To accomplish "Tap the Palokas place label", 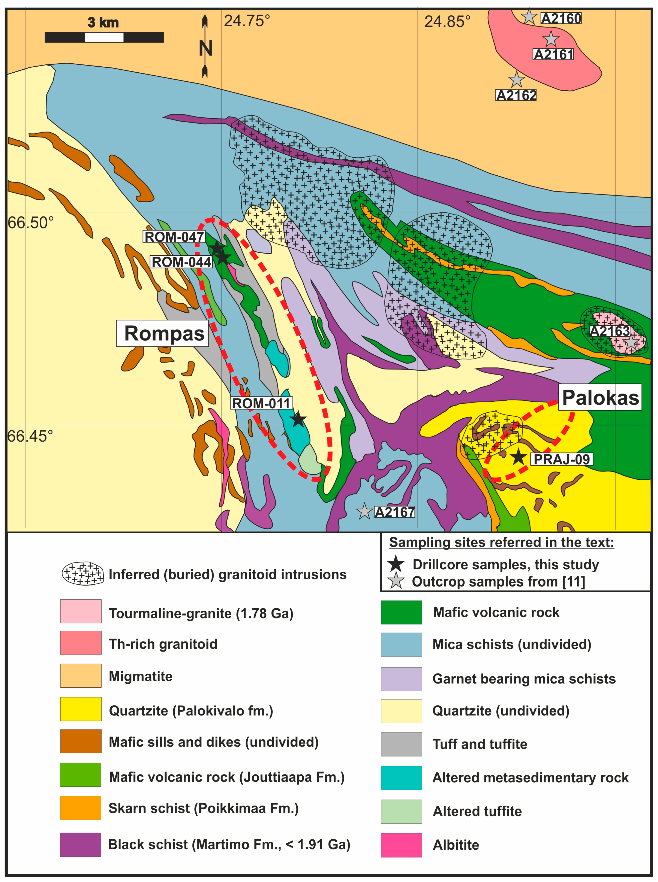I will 600,397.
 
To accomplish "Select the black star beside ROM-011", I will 298,419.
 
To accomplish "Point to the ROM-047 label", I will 174,237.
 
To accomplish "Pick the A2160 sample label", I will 561,18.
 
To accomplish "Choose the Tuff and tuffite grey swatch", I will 401,744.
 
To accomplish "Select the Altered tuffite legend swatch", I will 401,811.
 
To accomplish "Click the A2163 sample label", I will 609,331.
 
